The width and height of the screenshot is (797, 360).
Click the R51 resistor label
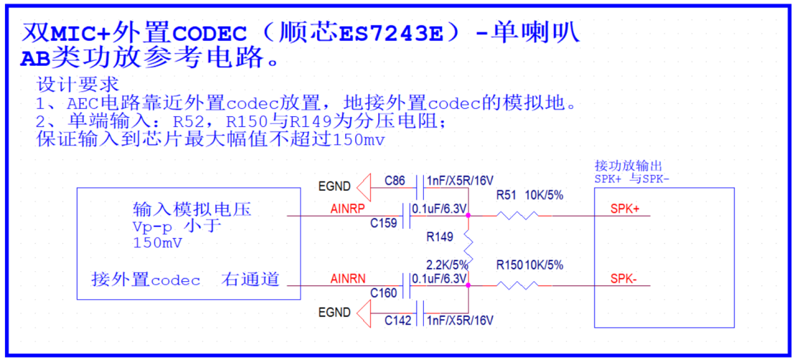[x=506, y=196]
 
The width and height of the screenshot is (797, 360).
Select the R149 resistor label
[x=440, y=237]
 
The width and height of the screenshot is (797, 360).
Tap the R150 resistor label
[x=510, y=265]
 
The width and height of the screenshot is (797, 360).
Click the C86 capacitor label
[x=395, y=181]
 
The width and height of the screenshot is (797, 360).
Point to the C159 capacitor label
[x=384, y=223]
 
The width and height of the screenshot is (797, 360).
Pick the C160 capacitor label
[x=384, y=293]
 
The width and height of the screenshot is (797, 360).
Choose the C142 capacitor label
[x=397, y=321]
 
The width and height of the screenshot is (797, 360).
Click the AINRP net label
[x=348, y=208]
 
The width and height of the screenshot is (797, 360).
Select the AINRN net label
[x=348, y=279]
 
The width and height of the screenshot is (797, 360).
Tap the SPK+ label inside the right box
[x=625, y=209]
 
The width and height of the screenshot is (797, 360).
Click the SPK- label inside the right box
[x=623, y=279]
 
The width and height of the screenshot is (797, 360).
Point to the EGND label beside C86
[x=334, y=186]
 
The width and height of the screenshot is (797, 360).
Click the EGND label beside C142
[x=334, y=312]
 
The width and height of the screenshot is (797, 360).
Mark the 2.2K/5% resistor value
[x=447, y=265]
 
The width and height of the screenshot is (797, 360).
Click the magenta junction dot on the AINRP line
[x=468, y=216]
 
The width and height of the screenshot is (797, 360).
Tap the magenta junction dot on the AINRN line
[x=468, y=285]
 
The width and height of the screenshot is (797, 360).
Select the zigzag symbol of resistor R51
[x=517, y=216]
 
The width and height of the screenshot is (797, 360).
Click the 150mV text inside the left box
[x=157, y=243]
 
